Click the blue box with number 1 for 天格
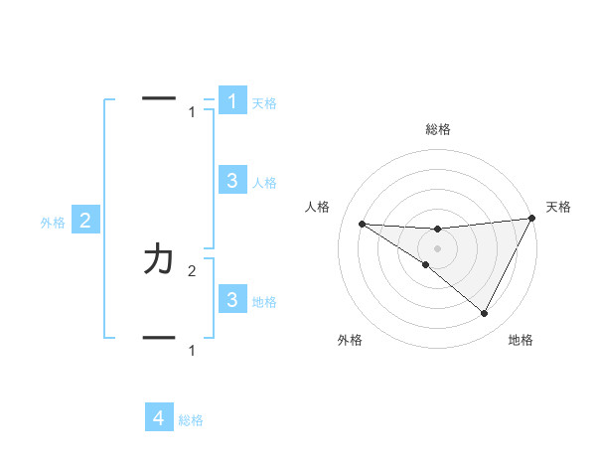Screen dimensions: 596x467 click(232, 100)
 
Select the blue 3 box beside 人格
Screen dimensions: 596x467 click(232, 180)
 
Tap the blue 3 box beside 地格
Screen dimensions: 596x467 click(232, 299)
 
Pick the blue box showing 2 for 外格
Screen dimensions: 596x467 click(85, 221)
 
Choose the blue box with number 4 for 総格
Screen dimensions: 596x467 click(160, 418)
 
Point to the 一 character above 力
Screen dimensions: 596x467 click(160, 97)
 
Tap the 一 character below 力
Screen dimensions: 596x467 click(160, 338)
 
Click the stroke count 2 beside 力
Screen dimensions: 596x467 click(192, 270)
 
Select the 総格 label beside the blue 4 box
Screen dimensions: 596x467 click(191, 420)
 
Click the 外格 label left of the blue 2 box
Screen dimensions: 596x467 click(53, 223)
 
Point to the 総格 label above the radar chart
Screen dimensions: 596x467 click(438, 129)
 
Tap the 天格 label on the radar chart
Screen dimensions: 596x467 click(559, 207)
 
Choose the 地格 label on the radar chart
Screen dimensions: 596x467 click(521, 340)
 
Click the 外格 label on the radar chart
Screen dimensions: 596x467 click(350, 340)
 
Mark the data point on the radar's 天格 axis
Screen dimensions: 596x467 click(532, 218)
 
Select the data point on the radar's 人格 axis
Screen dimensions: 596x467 click(362, 224)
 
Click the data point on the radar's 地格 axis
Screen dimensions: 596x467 click(485, 313)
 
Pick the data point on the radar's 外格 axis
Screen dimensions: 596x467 click(425, 265)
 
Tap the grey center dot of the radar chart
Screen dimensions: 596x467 click(438, 247)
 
